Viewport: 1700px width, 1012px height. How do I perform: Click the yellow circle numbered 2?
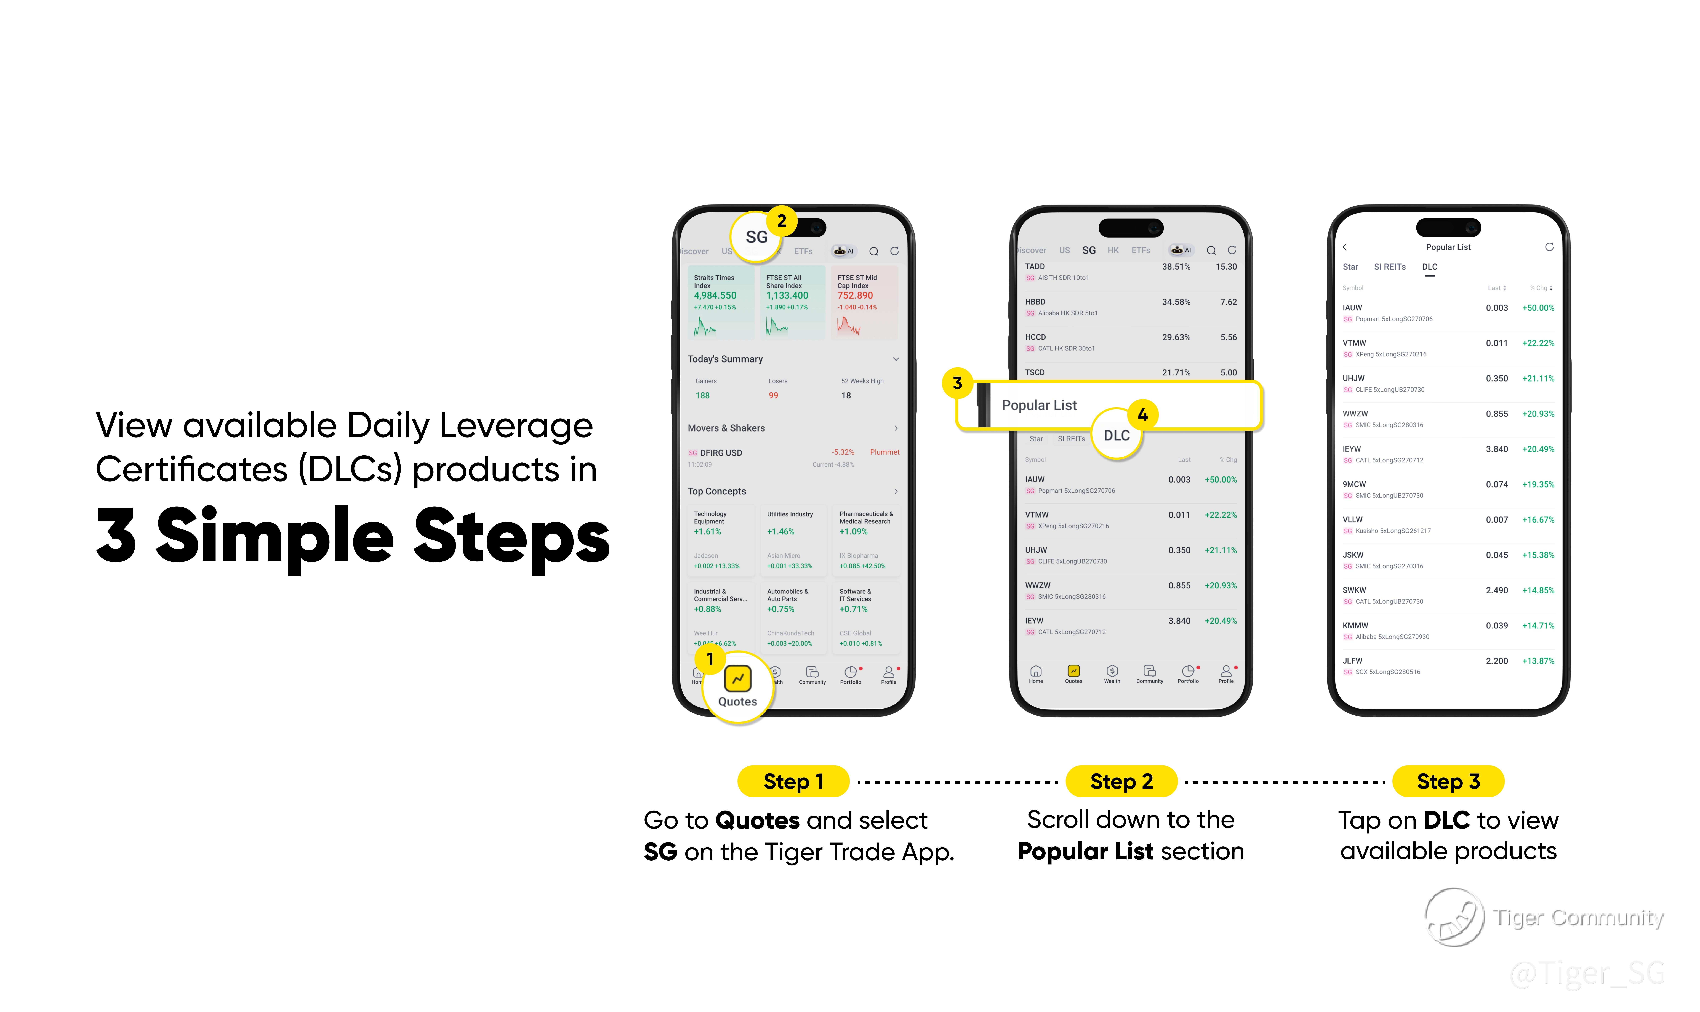tap(782, 221)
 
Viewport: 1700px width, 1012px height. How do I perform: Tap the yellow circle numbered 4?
tap(1142, 415)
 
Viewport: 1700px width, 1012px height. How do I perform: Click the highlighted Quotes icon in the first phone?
tap(737, 679)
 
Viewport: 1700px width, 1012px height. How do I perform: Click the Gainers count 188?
tap(702, 396)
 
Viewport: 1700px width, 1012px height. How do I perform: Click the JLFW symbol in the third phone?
tap(1352, 661)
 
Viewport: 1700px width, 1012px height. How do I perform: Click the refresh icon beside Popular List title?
tap(1549, 247)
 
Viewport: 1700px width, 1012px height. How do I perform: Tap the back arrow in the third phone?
tap(1345, 247)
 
